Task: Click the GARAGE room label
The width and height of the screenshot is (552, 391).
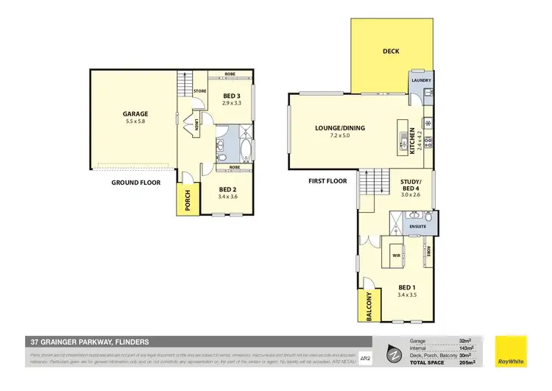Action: pyautogui.click(x=135, y=114)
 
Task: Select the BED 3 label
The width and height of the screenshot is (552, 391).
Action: pyautogui.click(x=232, y=96)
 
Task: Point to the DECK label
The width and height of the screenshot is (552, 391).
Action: pyautogui.click(x=391, y=51)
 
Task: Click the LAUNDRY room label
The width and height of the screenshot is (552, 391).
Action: pyautogui.click(x=422, y=80)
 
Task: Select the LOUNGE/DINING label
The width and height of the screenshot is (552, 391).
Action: pyautogui.click(x=340, y=128)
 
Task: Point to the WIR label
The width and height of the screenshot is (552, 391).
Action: pyautogui.click(x=395, y=256)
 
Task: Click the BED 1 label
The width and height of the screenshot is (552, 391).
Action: pyautogui.click(x=406, y=288)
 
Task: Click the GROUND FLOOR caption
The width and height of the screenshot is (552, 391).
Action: pyautogui.click(x=136, y=182)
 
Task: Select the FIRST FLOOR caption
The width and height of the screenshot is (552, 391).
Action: pyautogui.click(x=328, y=180)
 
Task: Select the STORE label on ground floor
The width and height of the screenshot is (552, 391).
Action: pyautogui.click(x=199, y=91)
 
